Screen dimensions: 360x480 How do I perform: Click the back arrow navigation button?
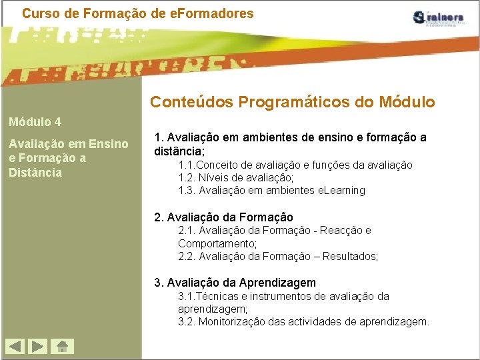click(15, 347)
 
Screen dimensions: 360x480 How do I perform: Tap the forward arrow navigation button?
click(39, 347)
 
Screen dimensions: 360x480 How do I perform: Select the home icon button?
click(63, 347)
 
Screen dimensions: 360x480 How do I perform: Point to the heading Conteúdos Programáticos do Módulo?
click(292, 102)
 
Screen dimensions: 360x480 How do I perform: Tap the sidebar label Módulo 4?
click(35, 122)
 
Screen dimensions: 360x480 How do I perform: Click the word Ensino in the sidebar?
click(108, 143)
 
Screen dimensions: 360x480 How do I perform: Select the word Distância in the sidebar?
click(35, 173)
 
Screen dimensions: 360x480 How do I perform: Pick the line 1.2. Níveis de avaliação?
click(236, 177)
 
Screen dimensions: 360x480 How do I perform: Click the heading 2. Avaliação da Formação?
click(223, 217)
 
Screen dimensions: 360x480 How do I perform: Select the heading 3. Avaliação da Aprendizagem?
click(235, 282)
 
